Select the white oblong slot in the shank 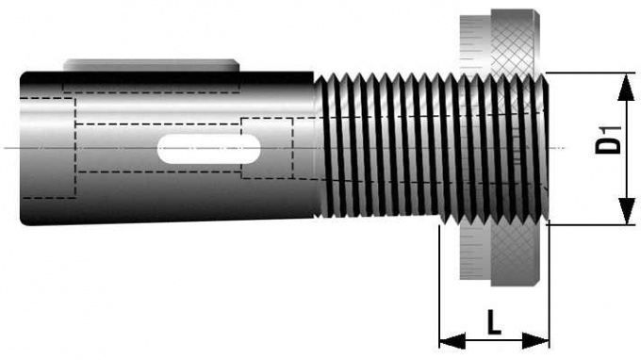[209, 151]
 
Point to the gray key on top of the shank [151, 65]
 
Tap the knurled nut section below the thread [510, 254]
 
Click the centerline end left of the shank [8, 148]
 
